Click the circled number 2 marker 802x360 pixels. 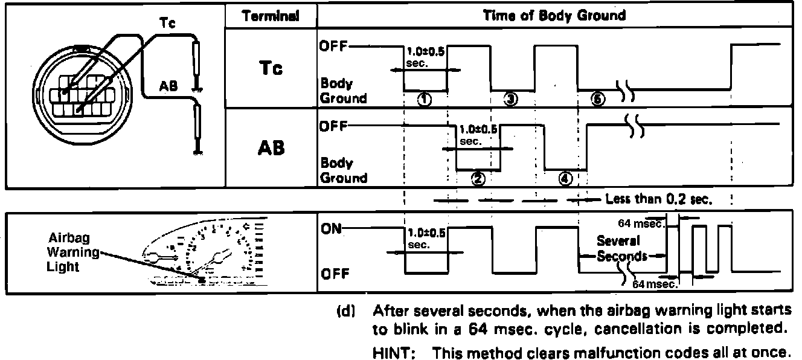477,178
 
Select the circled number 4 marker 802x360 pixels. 565,178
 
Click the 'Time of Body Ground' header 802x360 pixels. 554,16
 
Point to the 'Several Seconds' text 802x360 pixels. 622,249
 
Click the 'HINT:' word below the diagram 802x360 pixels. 392,352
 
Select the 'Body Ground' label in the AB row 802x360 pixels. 343,170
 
